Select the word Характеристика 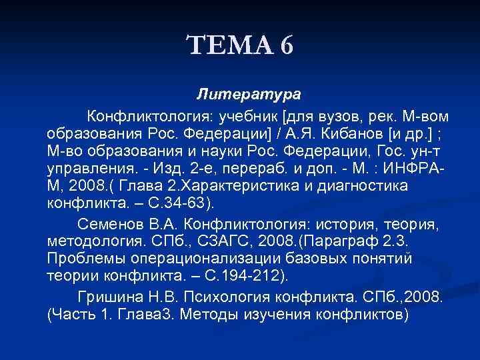click(244, 184)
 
